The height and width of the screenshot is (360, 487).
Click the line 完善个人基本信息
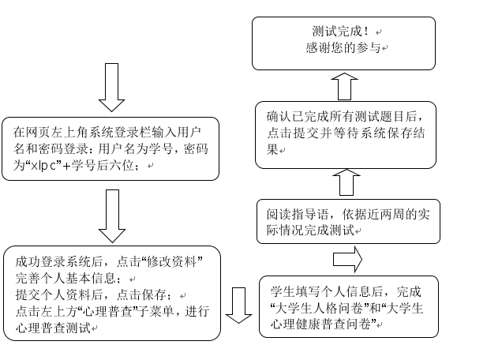tap(66, 279)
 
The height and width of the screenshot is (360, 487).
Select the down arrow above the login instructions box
tap(112, 86)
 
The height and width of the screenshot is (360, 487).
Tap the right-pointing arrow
tap(347, 259)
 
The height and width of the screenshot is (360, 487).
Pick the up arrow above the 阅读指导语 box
tap(346, 182)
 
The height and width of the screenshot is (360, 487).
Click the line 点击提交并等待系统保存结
tap(345, 133)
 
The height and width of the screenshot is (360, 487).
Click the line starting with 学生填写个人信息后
tap(346, 291)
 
